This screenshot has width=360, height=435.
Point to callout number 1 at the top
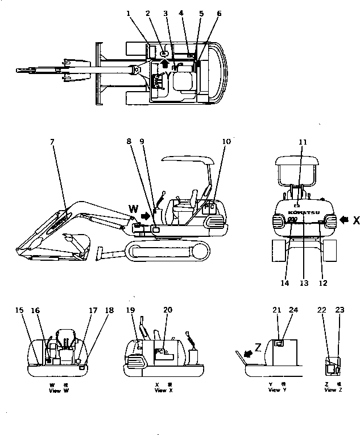(x=128, y=13)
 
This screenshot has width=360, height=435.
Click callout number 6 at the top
(x=220, y=13)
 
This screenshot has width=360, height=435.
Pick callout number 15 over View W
(x=20, y=310)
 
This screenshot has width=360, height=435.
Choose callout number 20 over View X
(x=167, y=310)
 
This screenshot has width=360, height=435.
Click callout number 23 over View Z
(x=340, y=310)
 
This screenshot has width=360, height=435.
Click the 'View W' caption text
(x=55, y=390)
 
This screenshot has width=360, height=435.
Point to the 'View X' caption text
(x=161, y=390)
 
